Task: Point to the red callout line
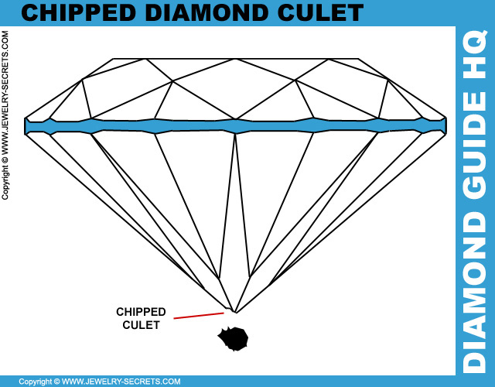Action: click(199, 316)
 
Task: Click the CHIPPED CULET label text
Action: click(141, 318)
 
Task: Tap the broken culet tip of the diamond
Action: click(234, 310)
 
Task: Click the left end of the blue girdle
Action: click(28, 126)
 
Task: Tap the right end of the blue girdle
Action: click(443, 126)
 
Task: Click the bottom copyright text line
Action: click(100, 382)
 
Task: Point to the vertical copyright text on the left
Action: click(5, 116)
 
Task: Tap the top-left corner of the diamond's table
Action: click(114, 59)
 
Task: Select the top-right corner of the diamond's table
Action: click(358, 59)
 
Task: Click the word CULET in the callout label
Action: click(141, 325)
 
